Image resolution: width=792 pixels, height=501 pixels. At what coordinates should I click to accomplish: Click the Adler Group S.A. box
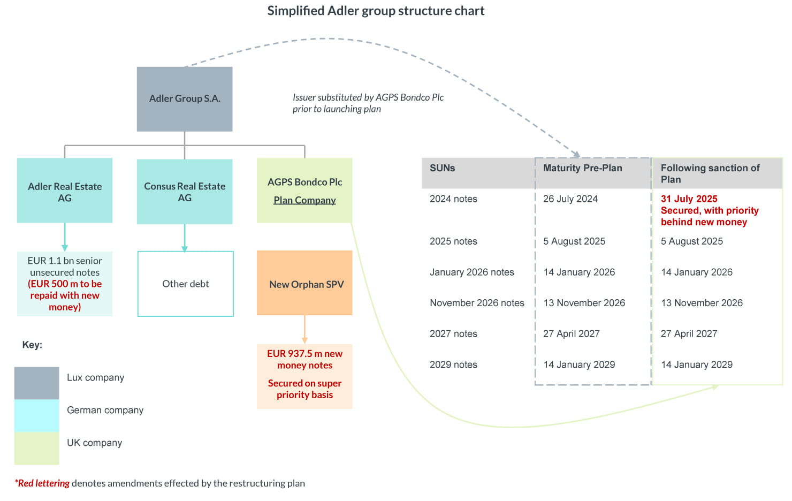[185, 99]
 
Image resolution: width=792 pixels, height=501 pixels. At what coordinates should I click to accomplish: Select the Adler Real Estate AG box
[65, 191]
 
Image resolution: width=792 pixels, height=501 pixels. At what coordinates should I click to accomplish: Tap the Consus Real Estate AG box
[185, 191]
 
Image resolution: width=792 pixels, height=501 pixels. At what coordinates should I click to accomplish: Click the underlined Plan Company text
[304, 200]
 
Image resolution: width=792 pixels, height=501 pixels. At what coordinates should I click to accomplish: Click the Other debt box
[186, 284]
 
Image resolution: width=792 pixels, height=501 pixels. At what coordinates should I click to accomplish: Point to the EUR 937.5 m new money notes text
[304, 359]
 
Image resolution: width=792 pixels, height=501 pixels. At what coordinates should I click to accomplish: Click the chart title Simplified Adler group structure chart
[376, 11]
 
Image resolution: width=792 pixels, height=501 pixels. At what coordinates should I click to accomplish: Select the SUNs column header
[443, 168]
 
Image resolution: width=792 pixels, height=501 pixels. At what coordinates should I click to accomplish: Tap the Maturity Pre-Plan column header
[582, 168]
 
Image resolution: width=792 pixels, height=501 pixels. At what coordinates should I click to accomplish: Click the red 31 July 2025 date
[689, 199]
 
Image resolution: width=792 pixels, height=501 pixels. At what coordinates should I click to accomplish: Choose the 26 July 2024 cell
[570, 199]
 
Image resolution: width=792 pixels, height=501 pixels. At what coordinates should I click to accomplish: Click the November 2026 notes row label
[477, 303]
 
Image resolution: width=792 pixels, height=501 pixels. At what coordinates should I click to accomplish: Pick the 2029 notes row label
[453, 365]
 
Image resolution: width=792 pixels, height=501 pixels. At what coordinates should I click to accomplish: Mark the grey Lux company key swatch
[36, 383]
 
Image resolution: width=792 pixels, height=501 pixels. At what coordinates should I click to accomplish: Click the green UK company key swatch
[36, 448]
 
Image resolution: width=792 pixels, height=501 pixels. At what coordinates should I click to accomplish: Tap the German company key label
[105, 410]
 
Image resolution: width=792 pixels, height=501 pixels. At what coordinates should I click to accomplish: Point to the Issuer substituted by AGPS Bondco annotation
[368, 103]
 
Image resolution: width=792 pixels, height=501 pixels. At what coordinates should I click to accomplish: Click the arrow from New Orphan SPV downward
[304, 329]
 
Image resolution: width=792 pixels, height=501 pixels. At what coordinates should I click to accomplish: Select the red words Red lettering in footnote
[43, 483]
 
